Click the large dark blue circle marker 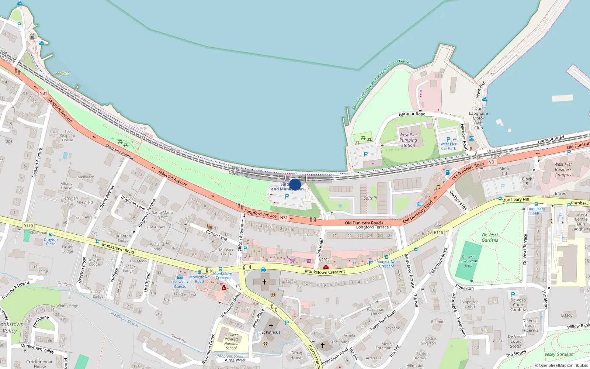295,184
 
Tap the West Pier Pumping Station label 408,140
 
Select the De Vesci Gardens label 490,237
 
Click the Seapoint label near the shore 62,73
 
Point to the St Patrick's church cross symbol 271,326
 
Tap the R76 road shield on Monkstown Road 28,226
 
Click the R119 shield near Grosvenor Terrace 438,232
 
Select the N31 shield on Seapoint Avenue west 43,93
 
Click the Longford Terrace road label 260,213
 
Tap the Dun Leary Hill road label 516,200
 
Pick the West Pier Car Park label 448,146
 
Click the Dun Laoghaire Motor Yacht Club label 478,118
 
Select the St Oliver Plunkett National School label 231,341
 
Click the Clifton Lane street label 217,235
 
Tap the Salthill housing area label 370,198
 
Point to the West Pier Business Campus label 563,170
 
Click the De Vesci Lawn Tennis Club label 468,261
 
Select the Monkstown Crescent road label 325,272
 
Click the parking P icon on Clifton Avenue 245,249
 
